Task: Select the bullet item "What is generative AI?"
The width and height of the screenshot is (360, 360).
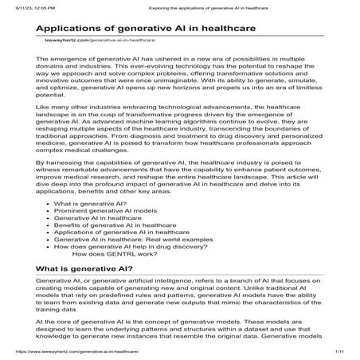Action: (87, 205)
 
